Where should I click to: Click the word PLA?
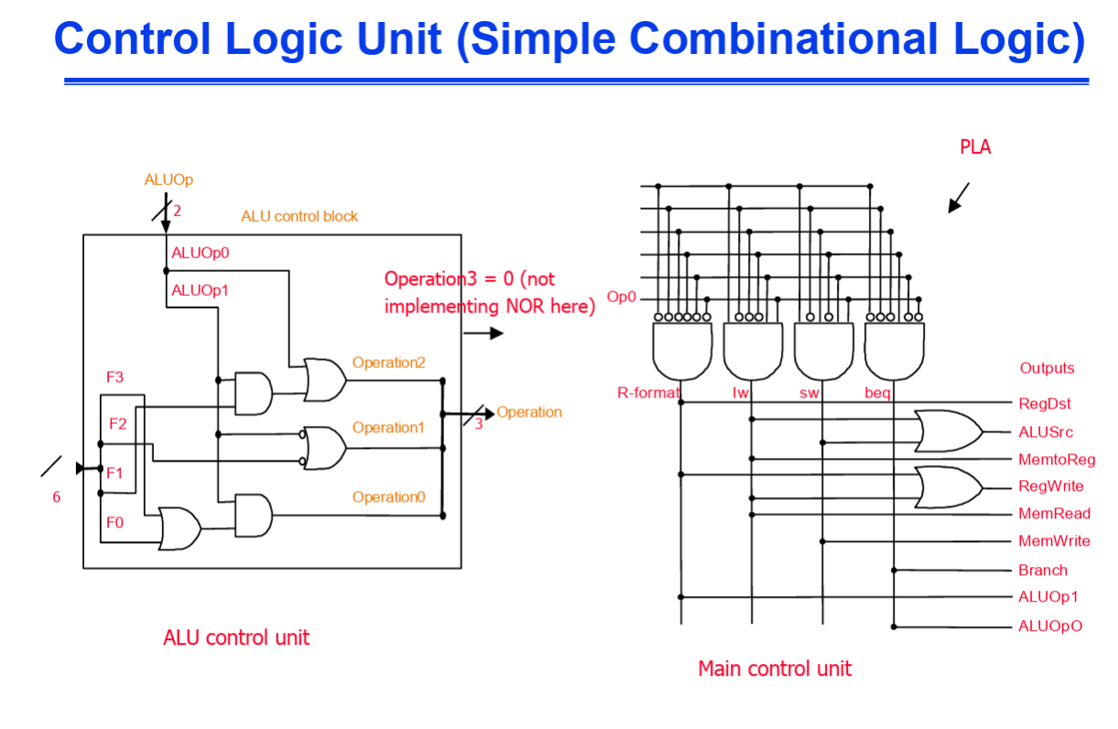(975, 147)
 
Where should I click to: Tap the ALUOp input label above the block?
(168, 180)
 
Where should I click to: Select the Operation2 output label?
(388, 363)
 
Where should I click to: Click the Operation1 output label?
(388, 428)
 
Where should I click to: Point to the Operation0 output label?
(388, 497)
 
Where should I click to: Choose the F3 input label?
(114, 377)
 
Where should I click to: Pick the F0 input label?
(114, 523)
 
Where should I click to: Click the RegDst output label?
(1044, 404)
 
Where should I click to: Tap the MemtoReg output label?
(1056, 460)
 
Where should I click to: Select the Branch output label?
(1042, 570)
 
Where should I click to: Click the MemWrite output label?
(1054, 541)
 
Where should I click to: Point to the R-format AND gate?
(682, 351)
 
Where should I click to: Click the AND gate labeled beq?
(895, 351)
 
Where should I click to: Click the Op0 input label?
(621, 298)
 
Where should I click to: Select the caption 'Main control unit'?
(774, 669)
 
